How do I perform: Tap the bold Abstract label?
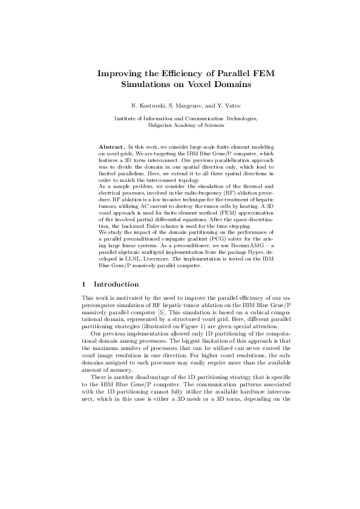point(111,147)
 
